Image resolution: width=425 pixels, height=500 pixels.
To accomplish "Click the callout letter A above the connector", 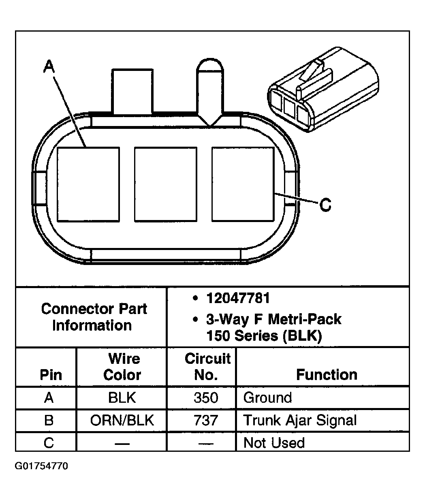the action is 49,66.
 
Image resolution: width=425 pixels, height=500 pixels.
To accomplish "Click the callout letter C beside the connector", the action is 325,205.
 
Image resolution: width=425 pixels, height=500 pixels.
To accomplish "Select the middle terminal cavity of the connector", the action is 166,184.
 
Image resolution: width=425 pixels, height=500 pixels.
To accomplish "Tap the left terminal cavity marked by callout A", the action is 88,184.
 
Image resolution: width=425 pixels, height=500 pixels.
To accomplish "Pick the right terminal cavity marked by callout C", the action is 243,184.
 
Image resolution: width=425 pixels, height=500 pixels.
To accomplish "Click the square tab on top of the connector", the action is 132,92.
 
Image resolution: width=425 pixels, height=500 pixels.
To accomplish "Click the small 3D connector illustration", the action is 323,90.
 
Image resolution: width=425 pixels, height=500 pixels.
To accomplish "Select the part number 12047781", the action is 238,298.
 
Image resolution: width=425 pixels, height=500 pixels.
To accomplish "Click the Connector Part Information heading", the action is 94,317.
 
